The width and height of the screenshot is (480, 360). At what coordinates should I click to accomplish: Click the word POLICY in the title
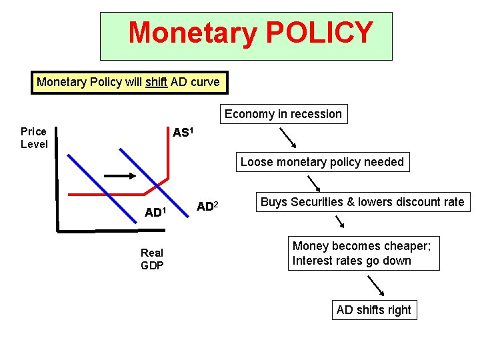319,33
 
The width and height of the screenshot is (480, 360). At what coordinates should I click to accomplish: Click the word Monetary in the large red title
191,33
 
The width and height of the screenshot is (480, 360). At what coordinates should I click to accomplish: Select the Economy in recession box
283,114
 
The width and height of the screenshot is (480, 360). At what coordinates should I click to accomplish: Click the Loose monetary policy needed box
322,162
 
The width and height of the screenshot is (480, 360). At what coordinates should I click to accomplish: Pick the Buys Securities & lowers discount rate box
362,202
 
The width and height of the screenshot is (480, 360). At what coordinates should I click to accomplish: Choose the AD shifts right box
374,310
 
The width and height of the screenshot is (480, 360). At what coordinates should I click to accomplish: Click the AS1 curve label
183,133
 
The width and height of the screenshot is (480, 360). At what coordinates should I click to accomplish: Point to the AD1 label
155,213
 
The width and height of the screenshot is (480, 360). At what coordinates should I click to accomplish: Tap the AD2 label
207,207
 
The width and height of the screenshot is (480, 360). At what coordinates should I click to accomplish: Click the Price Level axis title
34,137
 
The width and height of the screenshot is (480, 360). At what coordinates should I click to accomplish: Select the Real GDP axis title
152,259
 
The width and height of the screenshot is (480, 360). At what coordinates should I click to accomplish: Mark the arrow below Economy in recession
289,138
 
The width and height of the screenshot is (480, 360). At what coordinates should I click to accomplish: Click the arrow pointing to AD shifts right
377,285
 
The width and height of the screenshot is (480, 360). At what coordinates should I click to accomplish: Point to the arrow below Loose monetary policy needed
313,183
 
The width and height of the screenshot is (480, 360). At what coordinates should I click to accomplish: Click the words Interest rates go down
351,261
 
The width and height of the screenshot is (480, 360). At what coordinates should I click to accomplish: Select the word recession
313,114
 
